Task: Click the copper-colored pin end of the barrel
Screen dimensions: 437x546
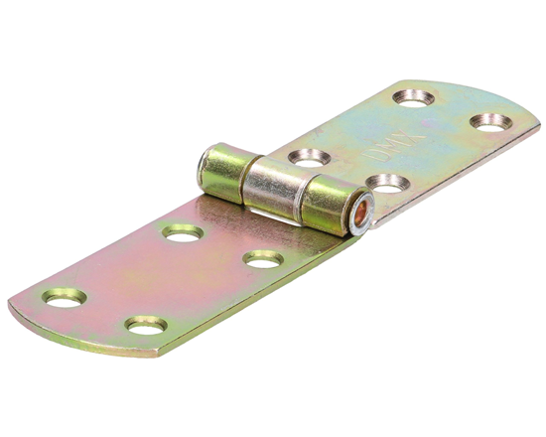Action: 361,213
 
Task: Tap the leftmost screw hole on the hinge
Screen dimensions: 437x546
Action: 64,296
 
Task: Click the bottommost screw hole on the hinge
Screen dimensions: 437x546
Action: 145,324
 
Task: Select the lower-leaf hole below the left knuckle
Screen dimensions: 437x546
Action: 183,232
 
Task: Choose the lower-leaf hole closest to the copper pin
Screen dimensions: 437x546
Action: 262,259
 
